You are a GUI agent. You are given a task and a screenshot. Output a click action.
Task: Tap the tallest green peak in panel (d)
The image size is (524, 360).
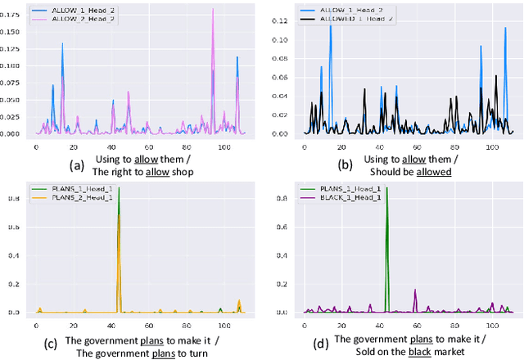pyautogui.click(x=387, y=188)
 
